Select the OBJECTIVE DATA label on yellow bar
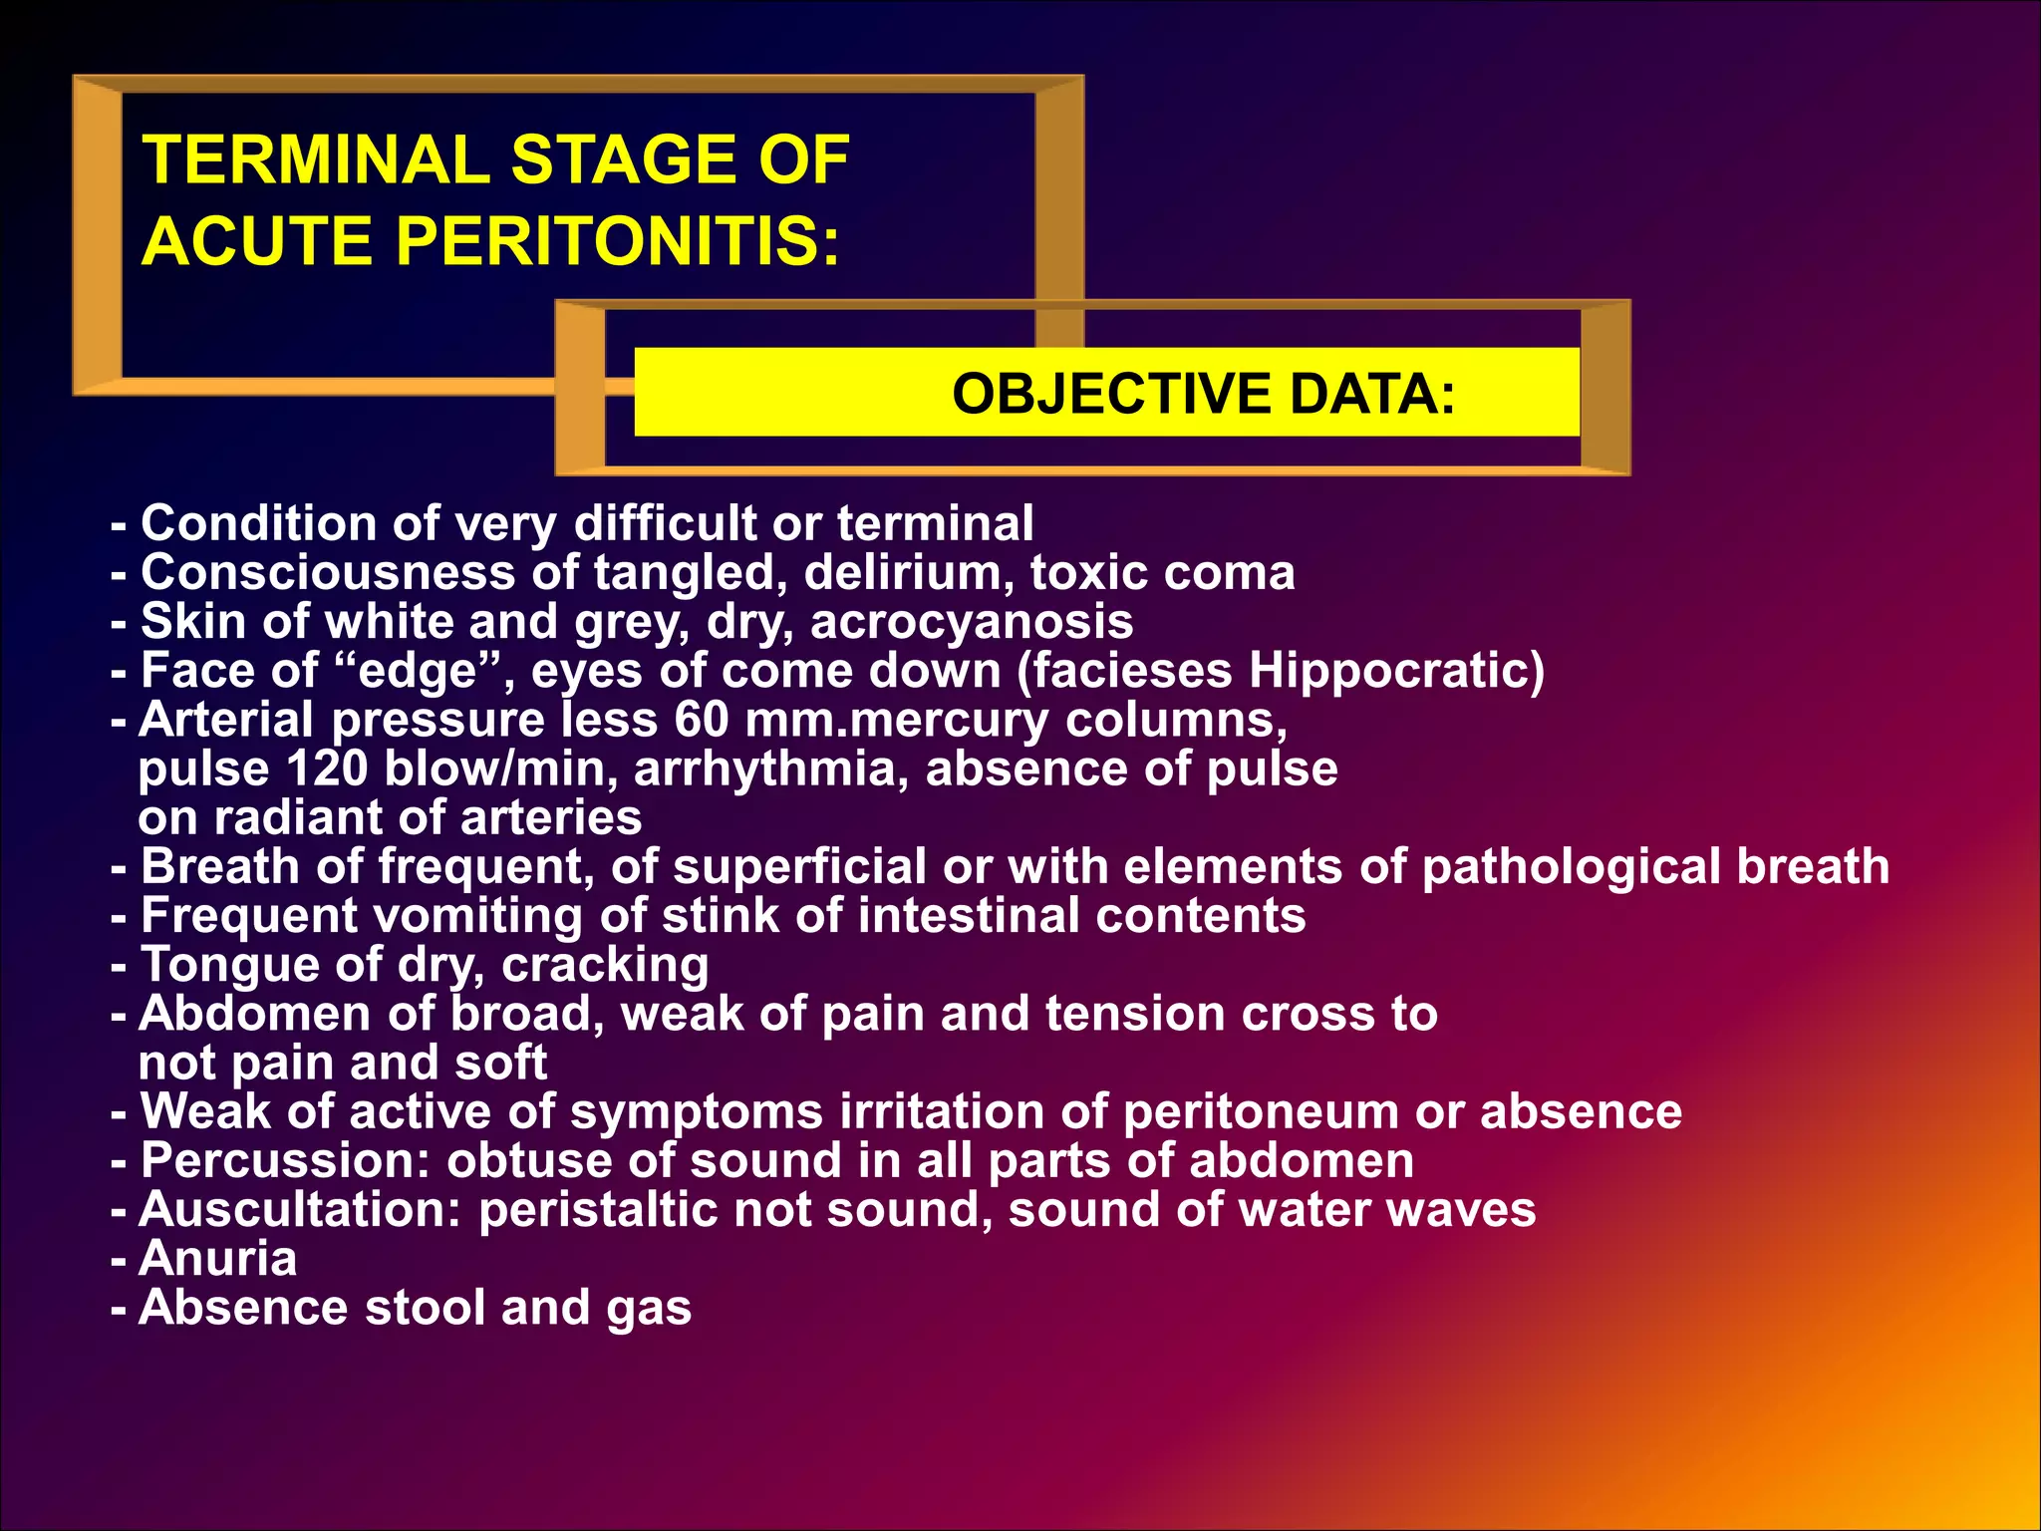click(x=1203, y=394)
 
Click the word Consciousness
click(x=328, y=573)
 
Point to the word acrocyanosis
click(x=971, y=622)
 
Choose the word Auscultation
click(x=300, y=1210)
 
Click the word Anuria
click(x=217, y=1259)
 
